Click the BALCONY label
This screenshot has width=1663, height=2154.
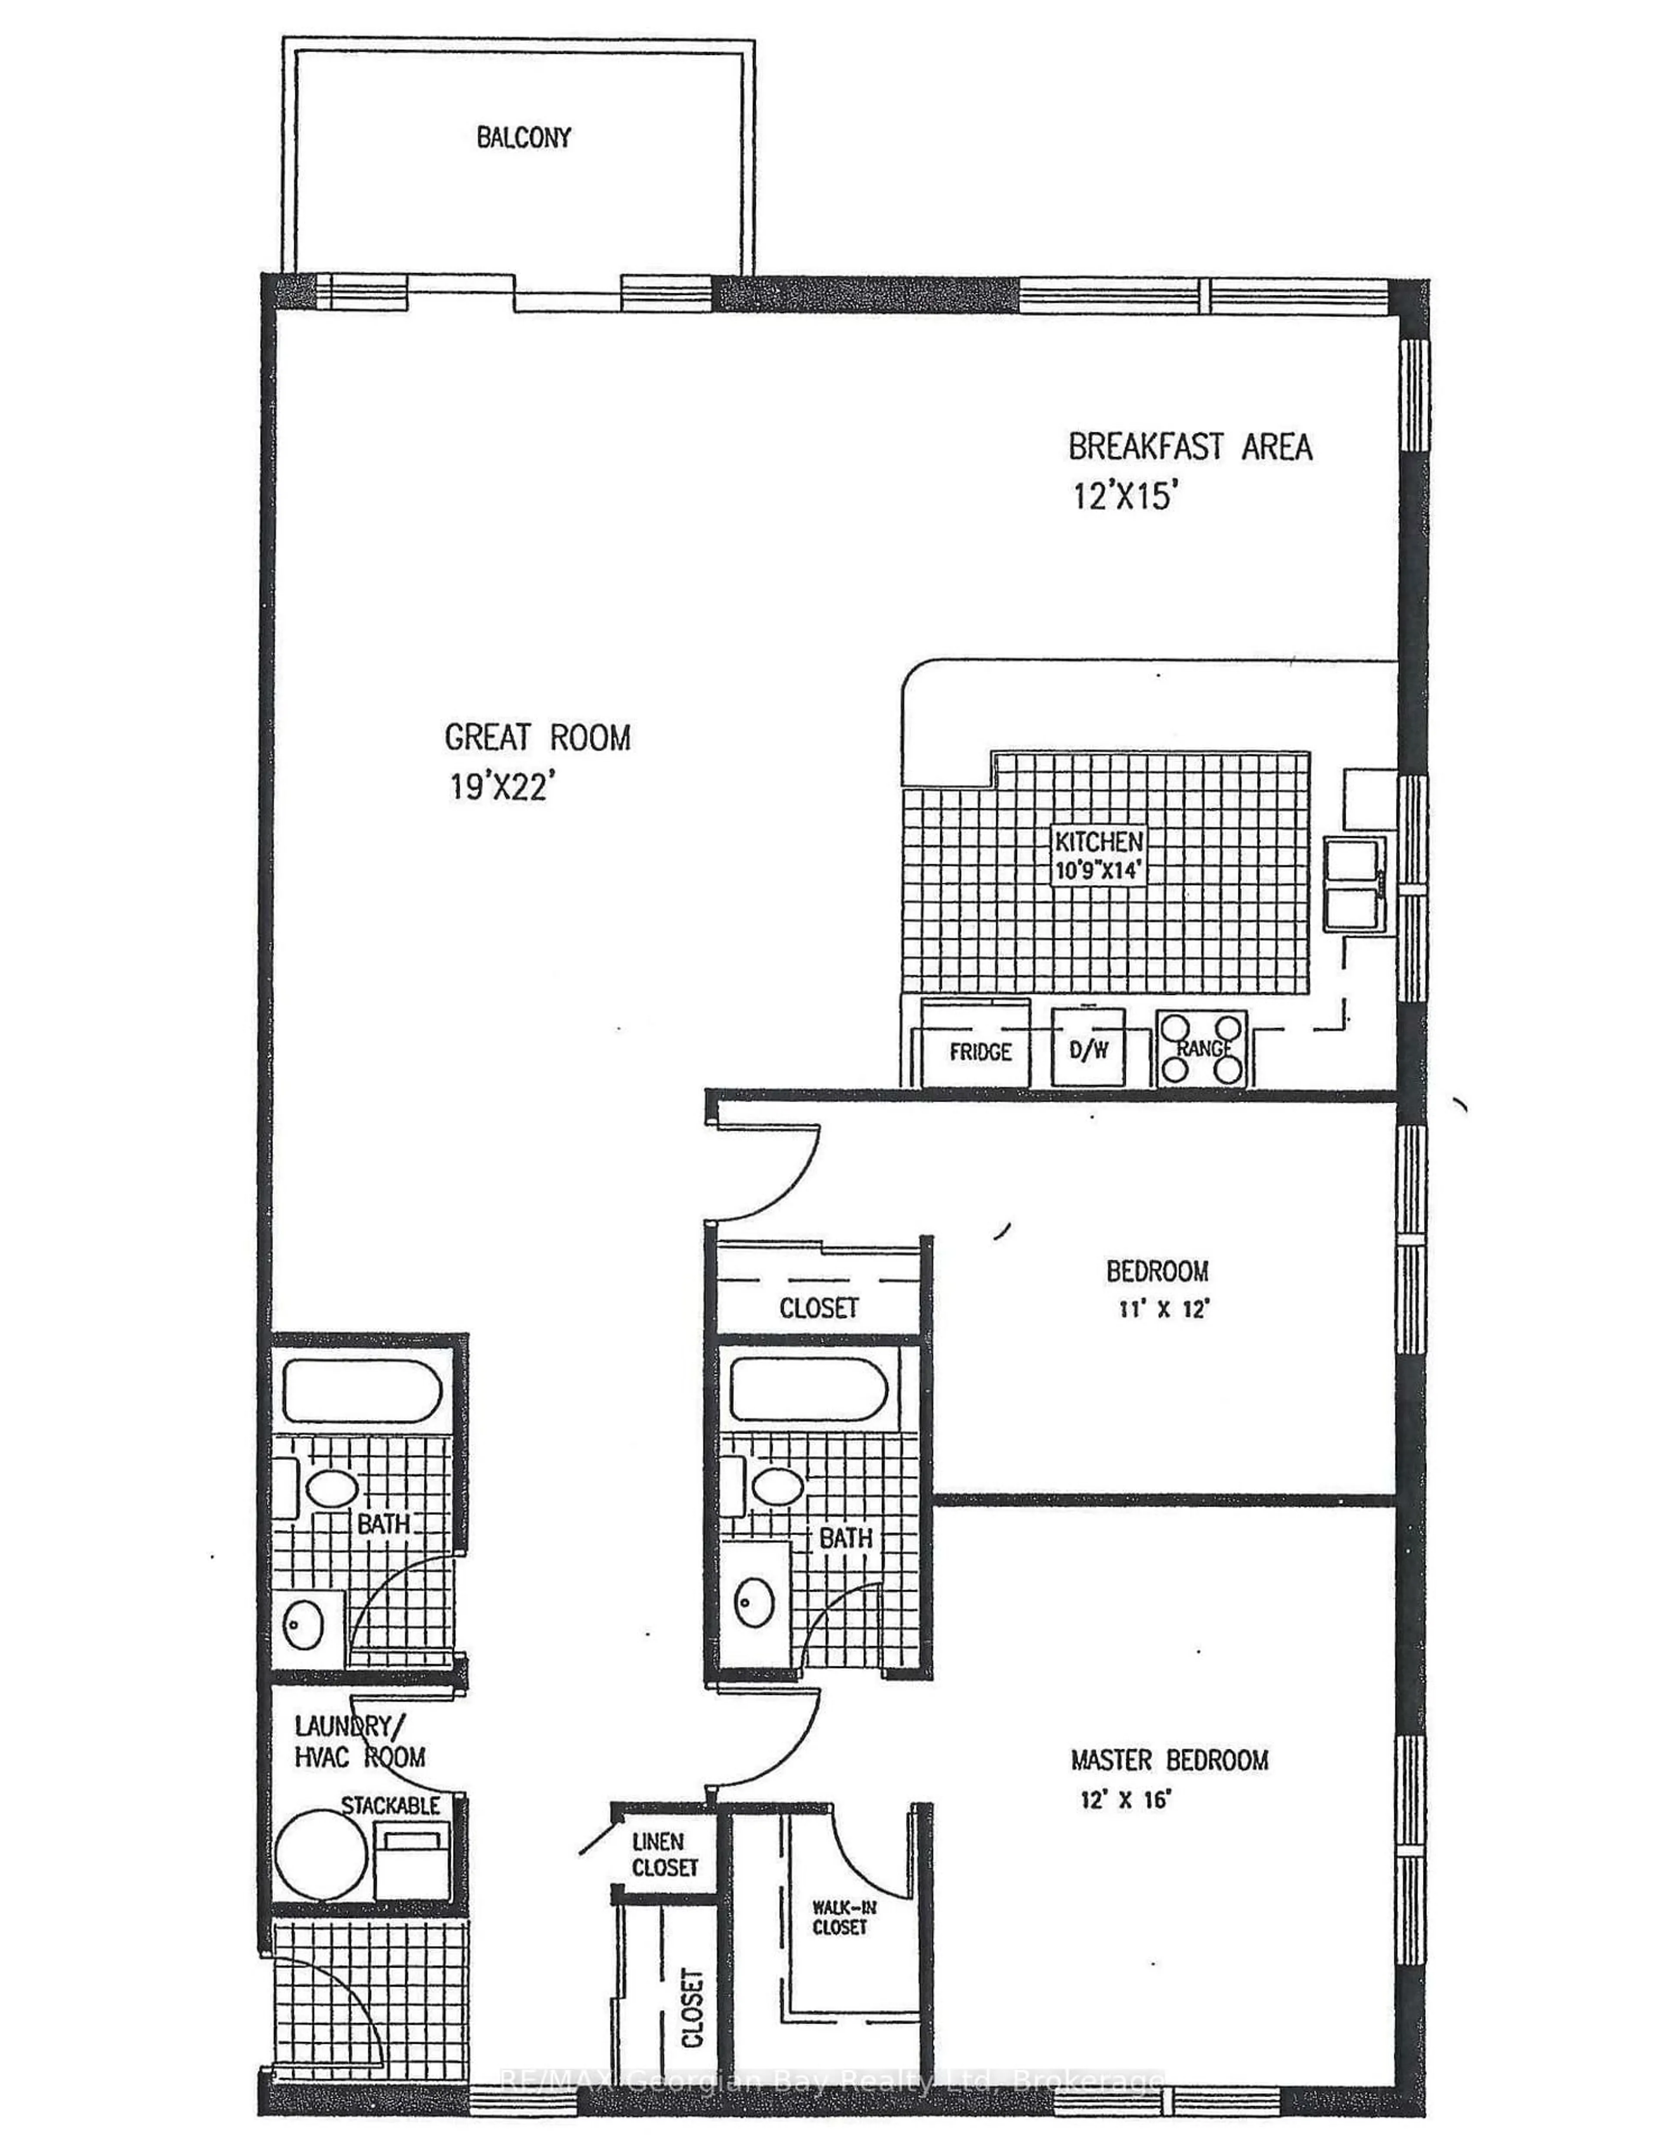[x=524, y=137]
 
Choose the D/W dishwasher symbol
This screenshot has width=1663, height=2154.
[x=1088, y=1048]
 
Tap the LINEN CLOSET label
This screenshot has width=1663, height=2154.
[x=664, y=1854]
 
